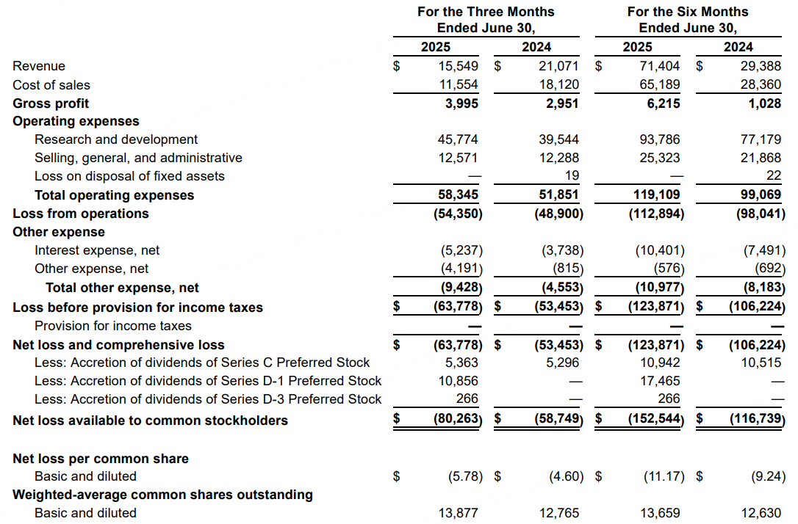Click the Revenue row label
tap(39, 66)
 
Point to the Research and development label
tap(116, 139)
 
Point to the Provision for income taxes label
tap(113, 326)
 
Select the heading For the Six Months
tap(687, 12)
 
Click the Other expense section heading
tap(59, 232)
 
